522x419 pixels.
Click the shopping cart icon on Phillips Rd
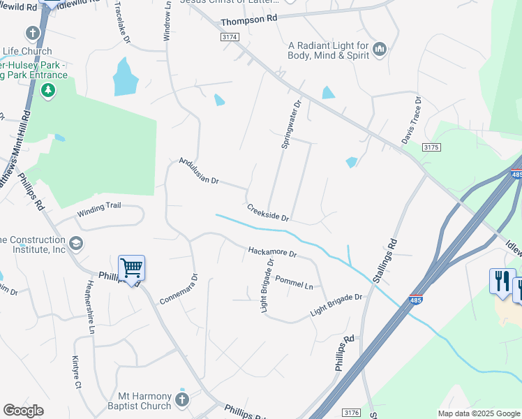coord(131,267)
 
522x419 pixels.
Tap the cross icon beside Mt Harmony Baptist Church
coord(181,399)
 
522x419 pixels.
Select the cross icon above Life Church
coord(32,33)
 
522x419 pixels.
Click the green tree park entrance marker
coord(47,89)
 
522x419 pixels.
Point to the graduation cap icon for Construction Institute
coord(75,244)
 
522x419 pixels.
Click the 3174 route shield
coord(229,36)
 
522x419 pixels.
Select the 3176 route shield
coord(352,413)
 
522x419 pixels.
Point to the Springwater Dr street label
coord(290,124)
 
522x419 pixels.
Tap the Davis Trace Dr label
coord(412,120)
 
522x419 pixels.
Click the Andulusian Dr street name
coord(199,171)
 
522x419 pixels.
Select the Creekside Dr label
coord(267,212)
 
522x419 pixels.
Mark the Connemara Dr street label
coord(179,288)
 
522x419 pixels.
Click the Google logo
coord(24,411)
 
